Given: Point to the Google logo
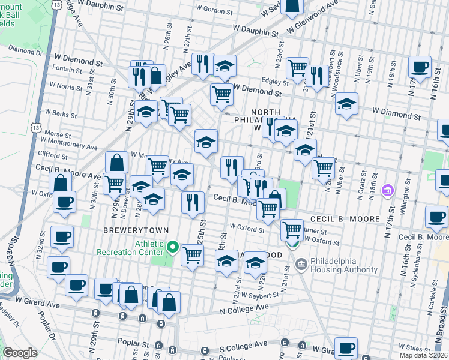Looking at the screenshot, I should click(20, 353).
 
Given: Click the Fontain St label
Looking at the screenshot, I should click(62, 70).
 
